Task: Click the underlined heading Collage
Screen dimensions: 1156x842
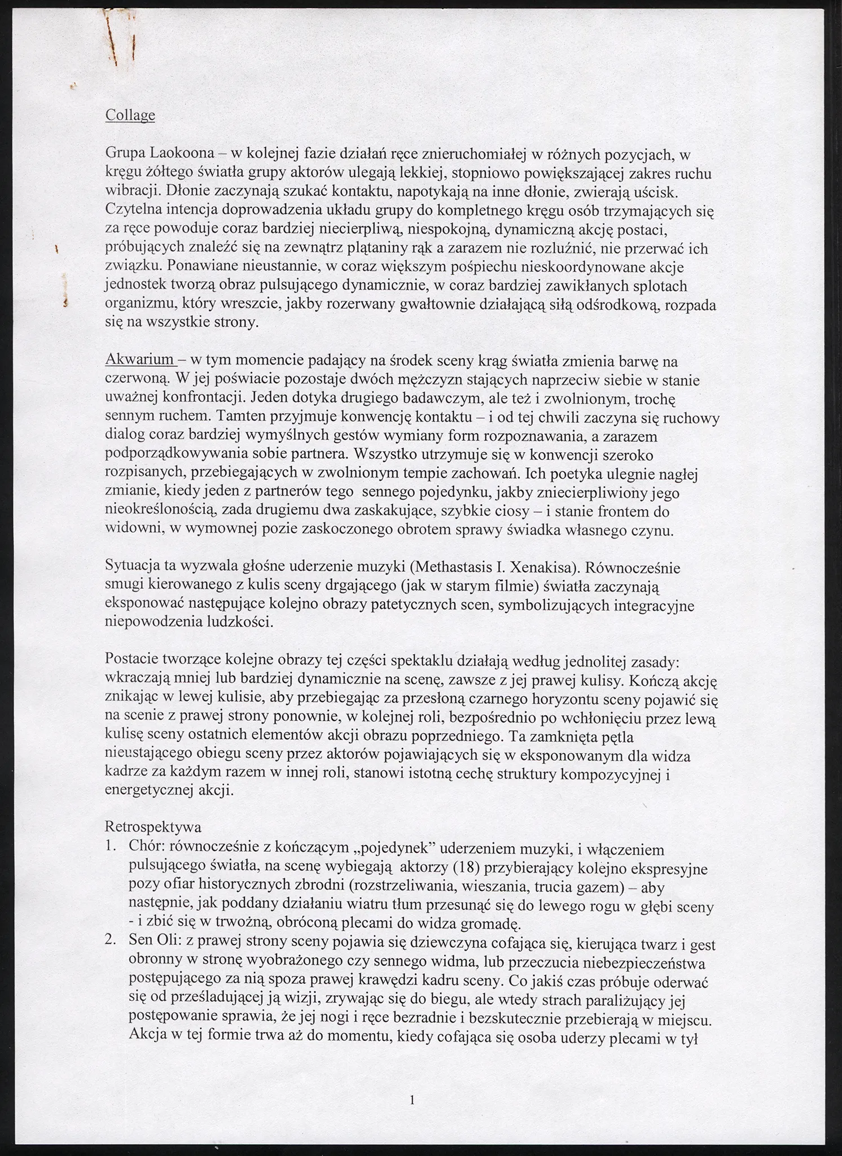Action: [x=130, y=116]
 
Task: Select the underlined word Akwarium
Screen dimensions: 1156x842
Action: [x=139, y=360]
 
